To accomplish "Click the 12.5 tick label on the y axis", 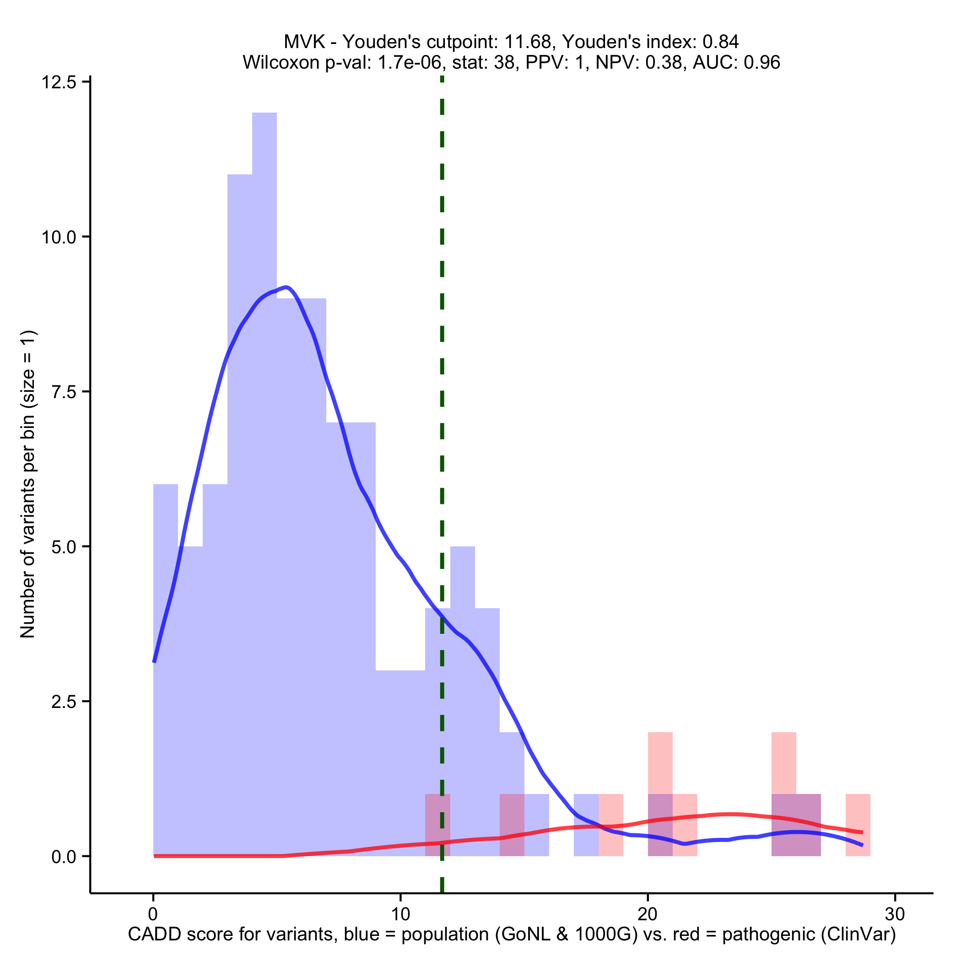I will (59, 82).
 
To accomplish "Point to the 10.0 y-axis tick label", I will (59, 237).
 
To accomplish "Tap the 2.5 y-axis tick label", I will (64, 701).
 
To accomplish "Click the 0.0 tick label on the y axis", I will (64, 856).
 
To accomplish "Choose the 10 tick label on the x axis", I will (400, 914).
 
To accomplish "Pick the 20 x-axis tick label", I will (647, 914).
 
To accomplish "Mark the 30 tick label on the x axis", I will (894, 914).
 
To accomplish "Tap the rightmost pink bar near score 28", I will (858, 826).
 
